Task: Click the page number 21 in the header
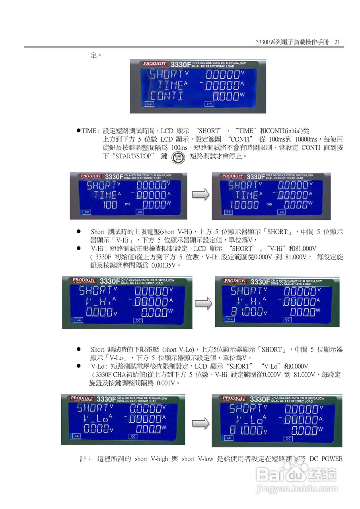(x=337, y=42)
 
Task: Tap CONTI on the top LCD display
(x=167, y=96)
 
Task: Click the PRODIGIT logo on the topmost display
(x=155, y=64)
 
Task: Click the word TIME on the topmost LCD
(x=171, y=85)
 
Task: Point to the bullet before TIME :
(x=79, y=131)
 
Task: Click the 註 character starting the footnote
(x=83, y=459)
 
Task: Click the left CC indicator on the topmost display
(x=149, y=104)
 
